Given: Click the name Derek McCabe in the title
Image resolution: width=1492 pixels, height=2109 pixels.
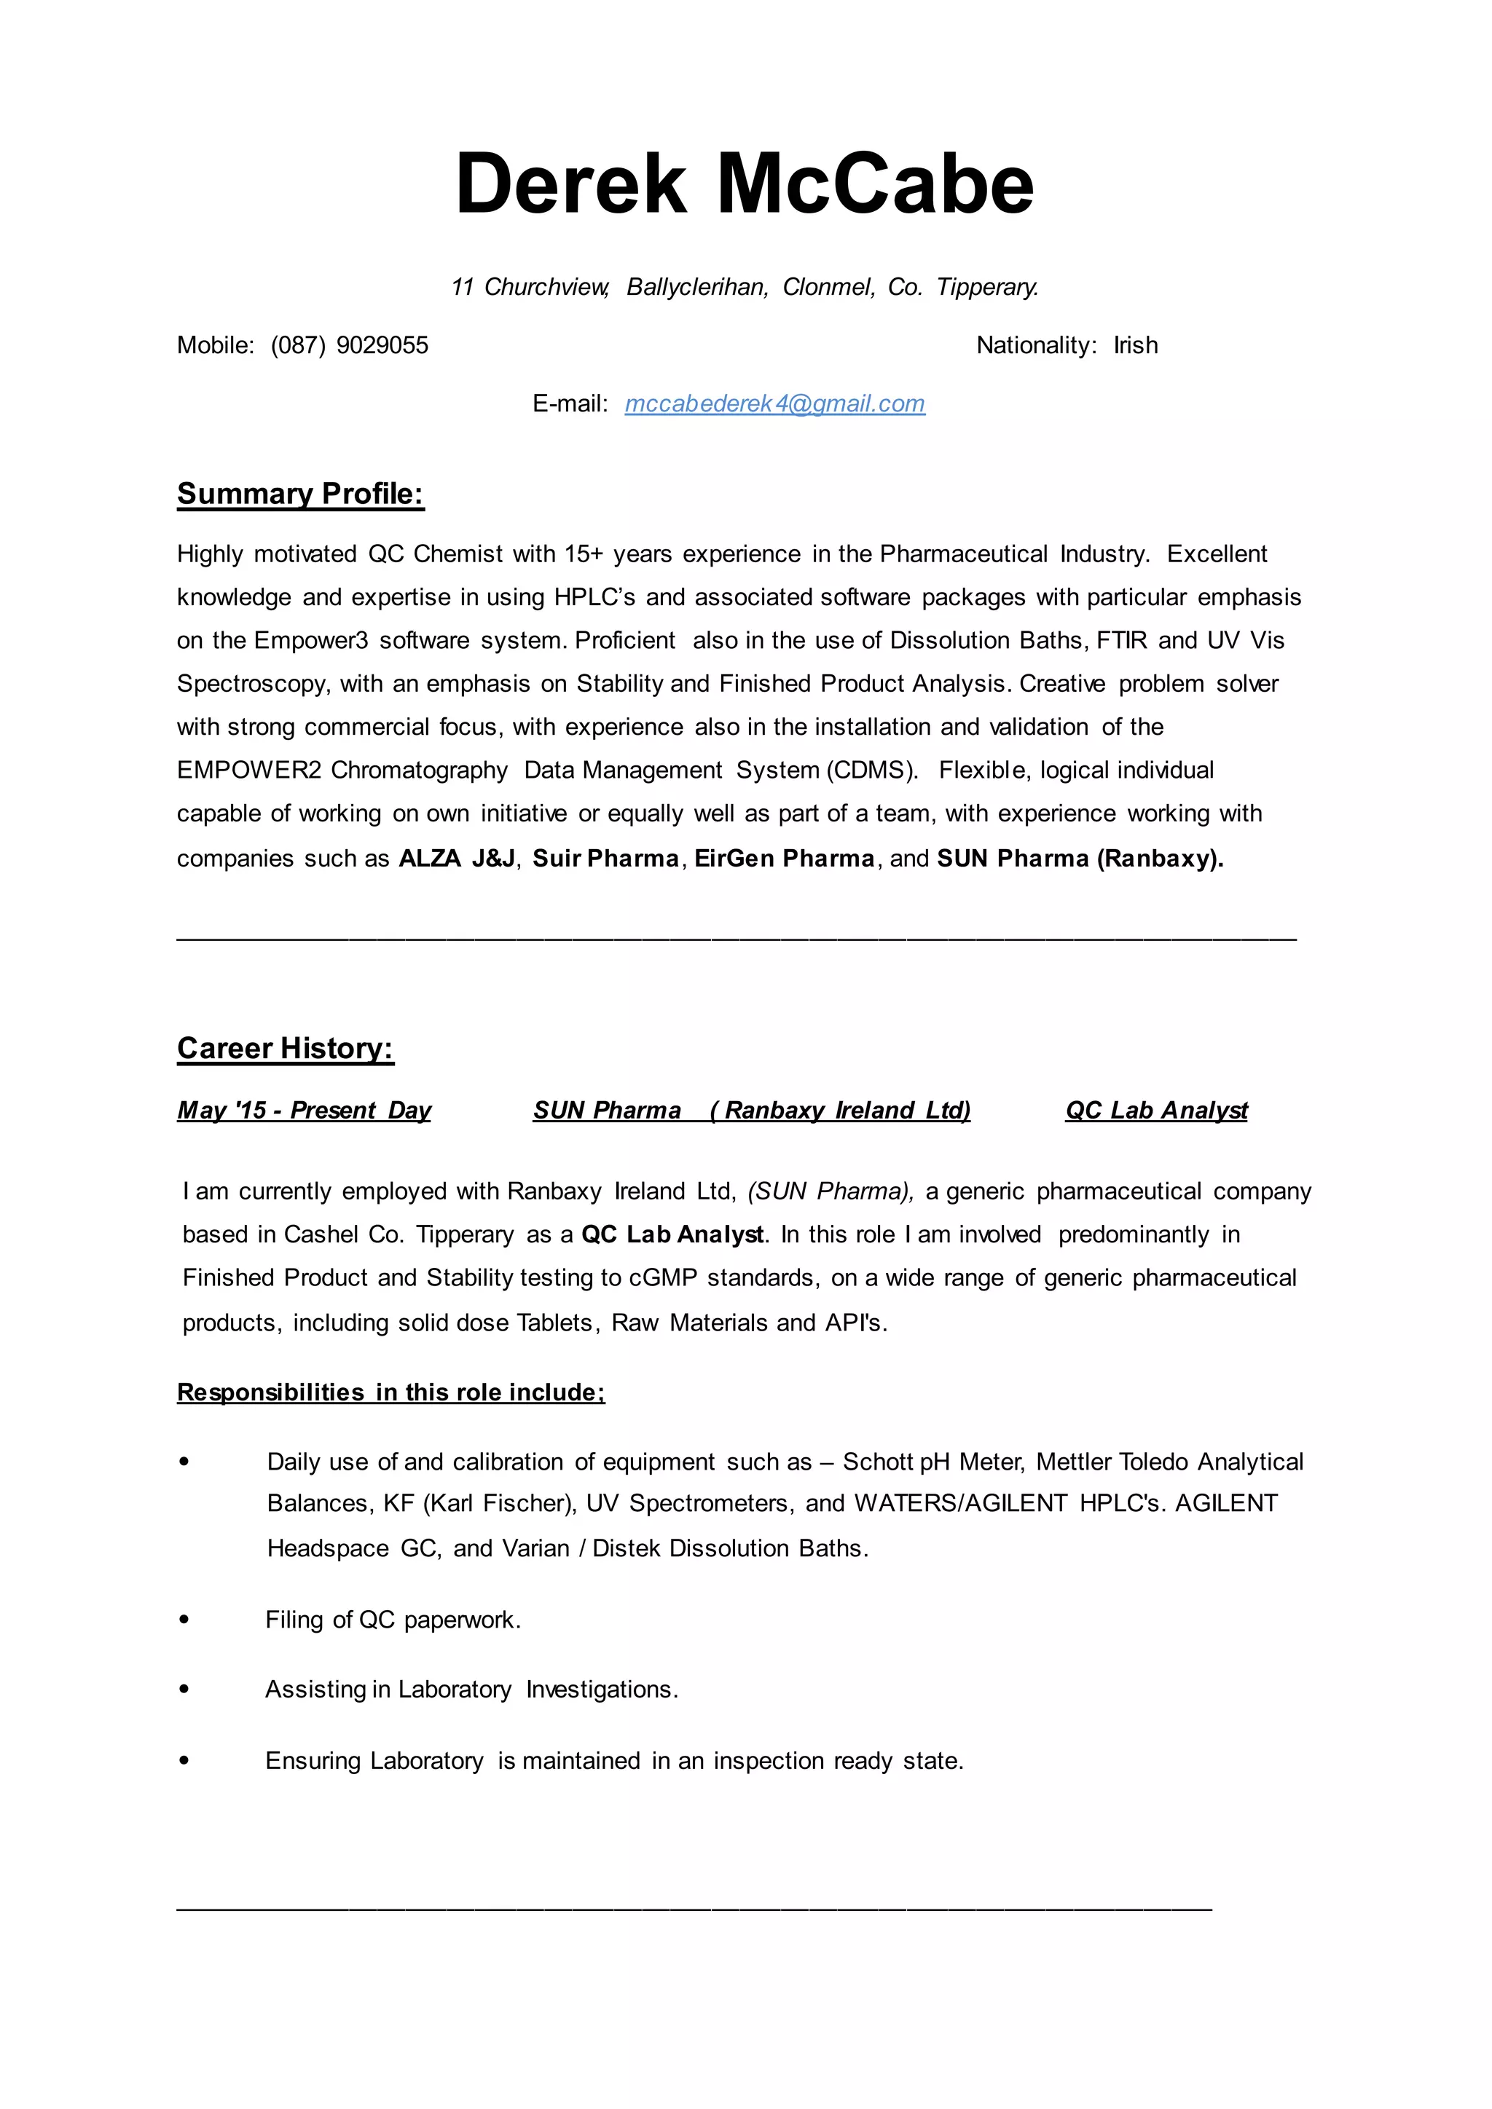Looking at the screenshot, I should click(x=744, y=184).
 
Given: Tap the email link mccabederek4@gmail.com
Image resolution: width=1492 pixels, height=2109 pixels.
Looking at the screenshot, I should click(x=774, y=403).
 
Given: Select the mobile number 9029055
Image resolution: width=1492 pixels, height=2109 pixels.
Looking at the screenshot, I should click(x=382, y=345).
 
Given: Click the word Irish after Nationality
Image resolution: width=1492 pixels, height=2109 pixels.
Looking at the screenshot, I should click(x=1136, y=345).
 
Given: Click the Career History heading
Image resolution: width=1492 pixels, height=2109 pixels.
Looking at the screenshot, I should click(x=285, y=1048).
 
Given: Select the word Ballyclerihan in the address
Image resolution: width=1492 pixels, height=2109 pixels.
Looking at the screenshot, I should click(x=696, y=288).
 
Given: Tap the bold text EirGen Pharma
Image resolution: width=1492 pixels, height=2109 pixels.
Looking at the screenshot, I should click(x=784, y=858).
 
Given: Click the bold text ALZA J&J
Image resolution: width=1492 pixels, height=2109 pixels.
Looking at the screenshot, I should click(x=457, y=858).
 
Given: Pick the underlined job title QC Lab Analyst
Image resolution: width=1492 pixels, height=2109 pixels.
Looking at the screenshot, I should click(x=1155, y=1111).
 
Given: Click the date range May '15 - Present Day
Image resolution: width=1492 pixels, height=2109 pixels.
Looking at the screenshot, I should click(x=304, y=1111).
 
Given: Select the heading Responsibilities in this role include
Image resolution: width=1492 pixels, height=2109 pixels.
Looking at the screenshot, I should click(x=390, y=1392).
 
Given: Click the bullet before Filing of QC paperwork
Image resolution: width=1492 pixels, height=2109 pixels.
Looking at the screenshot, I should click(x=184, y=1620).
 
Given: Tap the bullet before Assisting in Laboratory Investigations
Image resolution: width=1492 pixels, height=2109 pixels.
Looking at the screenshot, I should click(x=184, y=1690).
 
